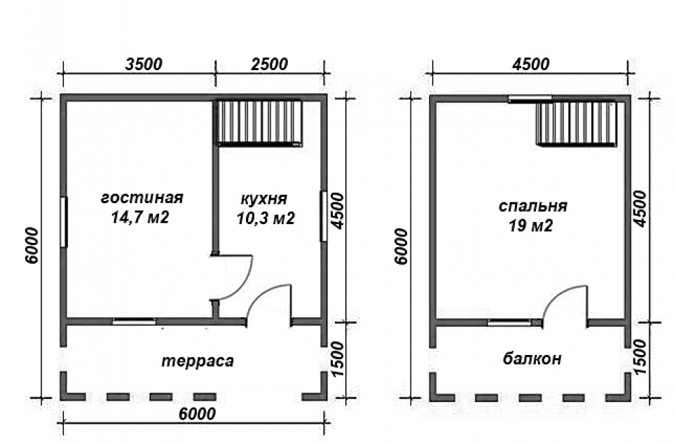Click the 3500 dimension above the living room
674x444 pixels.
coord(144,64)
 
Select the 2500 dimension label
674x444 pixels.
coord(269,64)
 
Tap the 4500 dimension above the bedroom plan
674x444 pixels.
coord(530,64)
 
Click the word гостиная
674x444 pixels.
coord(142,198)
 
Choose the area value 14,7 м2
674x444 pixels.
coord(140,217)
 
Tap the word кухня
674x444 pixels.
coord(264,199)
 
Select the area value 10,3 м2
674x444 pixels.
coord(266,219)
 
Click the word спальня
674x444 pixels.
coord(532,206)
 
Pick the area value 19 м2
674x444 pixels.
coord(530,225)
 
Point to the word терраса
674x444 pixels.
coord(197,361)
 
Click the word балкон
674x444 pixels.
coord(532,358)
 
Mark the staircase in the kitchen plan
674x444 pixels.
coord(259,123)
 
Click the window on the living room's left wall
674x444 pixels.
coord(63,222)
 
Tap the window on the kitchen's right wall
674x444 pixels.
coord(324,216)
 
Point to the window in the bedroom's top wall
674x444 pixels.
coord(530,99)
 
